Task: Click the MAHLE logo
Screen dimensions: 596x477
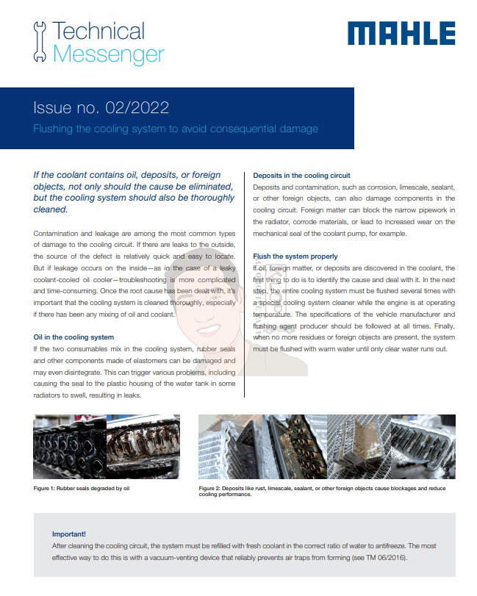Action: [x=401, y=33]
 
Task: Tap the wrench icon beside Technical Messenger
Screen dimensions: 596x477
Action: [x=40, y=43]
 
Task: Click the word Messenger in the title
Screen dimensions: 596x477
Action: [x=109, y=54]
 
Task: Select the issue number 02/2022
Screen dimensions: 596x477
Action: [x=140, y=109]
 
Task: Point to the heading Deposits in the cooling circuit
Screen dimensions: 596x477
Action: [x=301, y=176]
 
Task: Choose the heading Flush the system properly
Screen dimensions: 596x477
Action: [x=295, y=256]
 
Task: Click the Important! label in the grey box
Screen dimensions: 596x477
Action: [x=69, y=534]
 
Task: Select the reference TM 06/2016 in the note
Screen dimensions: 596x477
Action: [x=381, y=558]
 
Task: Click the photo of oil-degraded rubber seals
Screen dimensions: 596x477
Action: [x=105, y=446]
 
